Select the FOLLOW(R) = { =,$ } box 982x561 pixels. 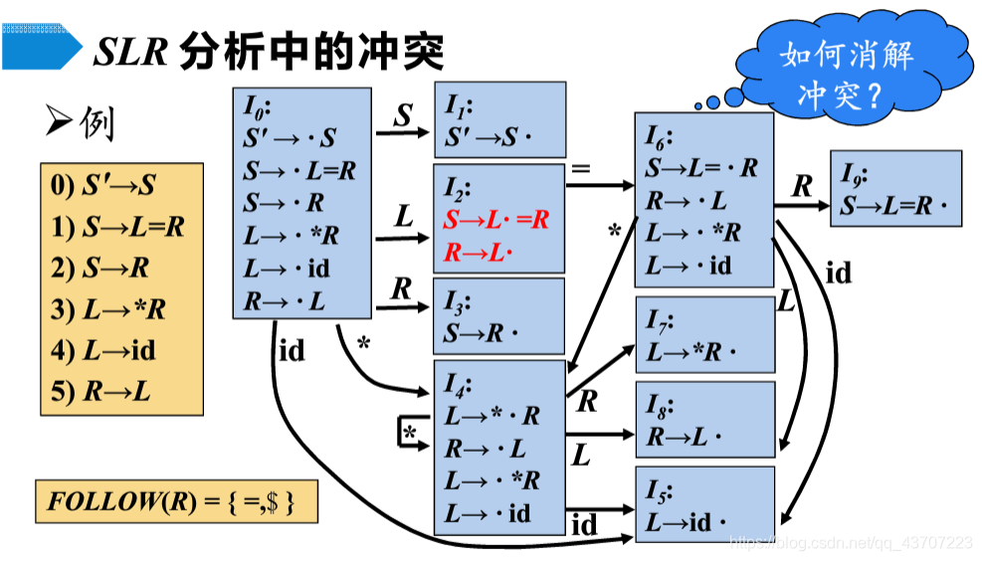(176, 501)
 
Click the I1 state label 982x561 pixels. (460, 103)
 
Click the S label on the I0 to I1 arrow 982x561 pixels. (402, 116)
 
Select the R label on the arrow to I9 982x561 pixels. (802, 186)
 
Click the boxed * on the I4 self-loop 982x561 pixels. (409, 434)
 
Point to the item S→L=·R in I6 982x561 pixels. (700, 168)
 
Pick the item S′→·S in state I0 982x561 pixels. (289, 137)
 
